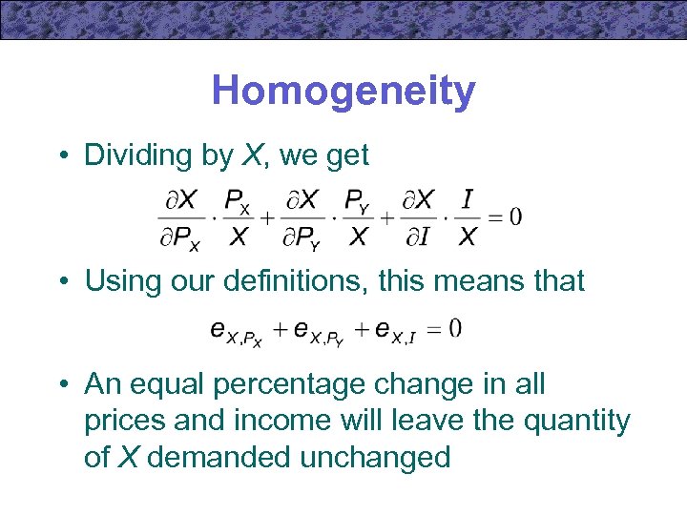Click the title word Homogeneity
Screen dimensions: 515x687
point(343,92)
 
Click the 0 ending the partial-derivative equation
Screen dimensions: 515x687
point(515,217)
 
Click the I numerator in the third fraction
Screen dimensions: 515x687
point(468,199)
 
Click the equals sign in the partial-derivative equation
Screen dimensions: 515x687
point(494,218)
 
